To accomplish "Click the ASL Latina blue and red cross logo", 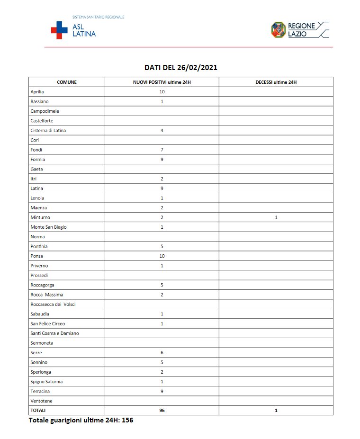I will tap(59, 30).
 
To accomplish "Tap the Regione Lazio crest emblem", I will tap(278, 29).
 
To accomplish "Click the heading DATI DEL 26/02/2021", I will tap(180, 68).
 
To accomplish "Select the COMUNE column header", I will tap(67, 82).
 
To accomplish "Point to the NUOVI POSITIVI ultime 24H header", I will tap(162, 82).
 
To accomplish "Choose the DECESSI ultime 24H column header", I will tap(276, 82).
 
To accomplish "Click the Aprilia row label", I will tap(37, 92).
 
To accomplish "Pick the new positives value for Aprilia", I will tap(162, 92).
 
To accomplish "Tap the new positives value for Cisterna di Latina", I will tap(162, 130).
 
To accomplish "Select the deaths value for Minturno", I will tap(276, 217).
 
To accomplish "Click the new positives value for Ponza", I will tap(162, 256).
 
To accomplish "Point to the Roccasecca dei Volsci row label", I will tap(53, 304).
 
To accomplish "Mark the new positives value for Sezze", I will tap(162, 353).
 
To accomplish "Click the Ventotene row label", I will tap(42, 401).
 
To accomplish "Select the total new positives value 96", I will tap(162, 411).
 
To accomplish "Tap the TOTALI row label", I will tap(38, 411).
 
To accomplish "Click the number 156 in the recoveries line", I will tap(127, 420).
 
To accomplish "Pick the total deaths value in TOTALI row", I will tap(276, 411).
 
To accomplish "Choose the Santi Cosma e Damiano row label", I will tap(54, 333).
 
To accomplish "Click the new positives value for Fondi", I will tap(162, 150).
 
